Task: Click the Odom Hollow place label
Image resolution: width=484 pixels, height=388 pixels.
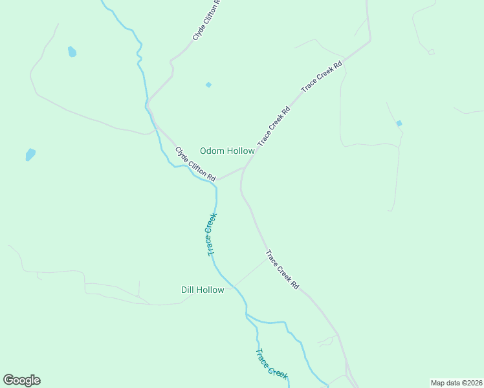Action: click(226, 151)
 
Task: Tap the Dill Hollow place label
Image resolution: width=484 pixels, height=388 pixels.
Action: click(203, 290)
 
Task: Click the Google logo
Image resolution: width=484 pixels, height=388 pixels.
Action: click(21, 380)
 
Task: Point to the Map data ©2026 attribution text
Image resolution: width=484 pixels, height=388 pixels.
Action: click(456, 383)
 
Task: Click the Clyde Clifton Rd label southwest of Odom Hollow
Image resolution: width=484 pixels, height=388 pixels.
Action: click(195, 164)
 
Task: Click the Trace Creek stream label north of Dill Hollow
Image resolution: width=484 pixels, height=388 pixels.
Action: click(211, 234)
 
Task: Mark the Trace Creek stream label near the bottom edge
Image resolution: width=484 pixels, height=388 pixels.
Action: click(270, 363)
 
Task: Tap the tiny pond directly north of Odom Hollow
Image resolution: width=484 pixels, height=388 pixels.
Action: click(208, 85)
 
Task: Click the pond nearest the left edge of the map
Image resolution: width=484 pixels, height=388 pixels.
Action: click(30, 155)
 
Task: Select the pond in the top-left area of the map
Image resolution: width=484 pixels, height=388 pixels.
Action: click(72, 51)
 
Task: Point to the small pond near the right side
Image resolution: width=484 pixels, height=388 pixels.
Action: click(399, 123)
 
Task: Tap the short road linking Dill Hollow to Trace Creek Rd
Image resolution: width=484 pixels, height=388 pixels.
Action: click(248, 273)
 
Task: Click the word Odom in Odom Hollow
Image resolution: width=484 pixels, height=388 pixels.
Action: click(212, 151)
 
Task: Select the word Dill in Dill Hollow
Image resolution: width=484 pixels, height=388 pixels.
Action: click(188, 290)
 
